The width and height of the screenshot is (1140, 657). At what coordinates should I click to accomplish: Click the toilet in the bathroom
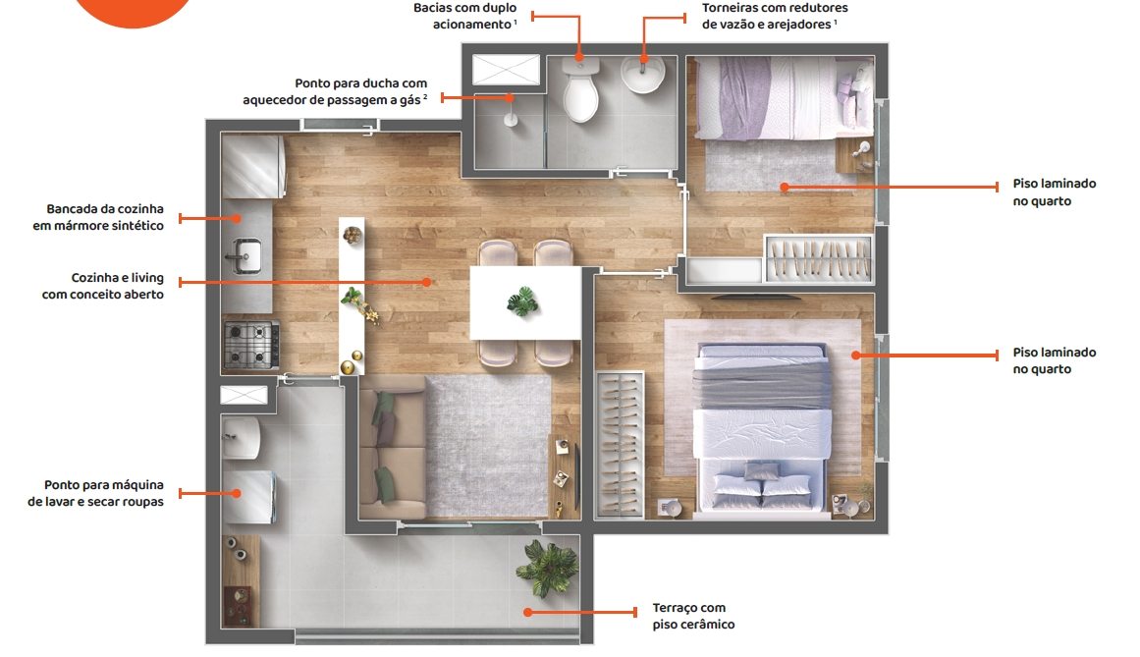580,91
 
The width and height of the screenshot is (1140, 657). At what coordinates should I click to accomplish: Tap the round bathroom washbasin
643,75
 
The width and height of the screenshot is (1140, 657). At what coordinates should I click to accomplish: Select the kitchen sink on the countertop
245,255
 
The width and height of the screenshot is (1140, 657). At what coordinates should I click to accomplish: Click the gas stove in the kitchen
251,344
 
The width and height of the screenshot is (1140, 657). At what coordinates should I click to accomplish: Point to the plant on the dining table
522,301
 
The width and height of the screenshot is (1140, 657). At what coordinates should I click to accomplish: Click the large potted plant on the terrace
548,568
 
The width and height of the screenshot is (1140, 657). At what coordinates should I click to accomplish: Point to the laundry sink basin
242,438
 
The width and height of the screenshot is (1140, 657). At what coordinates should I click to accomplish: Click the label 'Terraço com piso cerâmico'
693,617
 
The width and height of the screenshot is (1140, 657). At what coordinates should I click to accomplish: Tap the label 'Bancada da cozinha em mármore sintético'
98,217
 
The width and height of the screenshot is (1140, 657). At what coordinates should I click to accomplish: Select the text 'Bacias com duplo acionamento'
465,16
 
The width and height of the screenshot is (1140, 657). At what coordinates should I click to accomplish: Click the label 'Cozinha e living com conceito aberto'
102,286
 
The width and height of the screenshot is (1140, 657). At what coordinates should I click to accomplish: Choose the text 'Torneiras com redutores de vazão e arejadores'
775,16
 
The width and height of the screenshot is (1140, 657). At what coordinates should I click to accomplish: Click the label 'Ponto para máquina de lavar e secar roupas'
95,493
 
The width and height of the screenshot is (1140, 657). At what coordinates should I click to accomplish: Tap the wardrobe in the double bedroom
620,445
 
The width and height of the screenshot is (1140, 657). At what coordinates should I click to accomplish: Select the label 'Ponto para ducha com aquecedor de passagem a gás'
335,91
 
